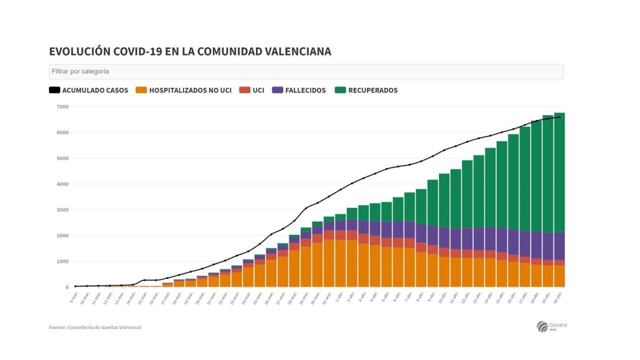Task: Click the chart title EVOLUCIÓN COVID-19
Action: click(x=190, y=52)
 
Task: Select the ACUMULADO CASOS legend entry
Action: click(x=88, y=90)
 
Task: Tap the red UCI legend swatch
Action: click(x=245, y=90)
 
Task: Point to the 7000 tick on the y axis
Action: click(x=62, y=107)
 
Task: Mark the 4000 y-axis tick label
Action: click(x=62, y=184)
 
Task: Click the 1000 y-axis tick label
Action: click(x=62, y=262)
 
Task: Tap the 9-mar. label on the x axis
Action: click(x=72, y=298)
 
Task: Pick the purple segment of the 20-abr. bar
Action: click(x=559, y=246)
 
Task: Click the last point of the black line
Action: click(x=559, y=117)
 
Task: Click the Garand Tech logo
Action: click(x=551, y=326)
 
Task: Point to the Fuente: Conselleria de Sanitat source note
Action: click(x=95, y=328)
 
